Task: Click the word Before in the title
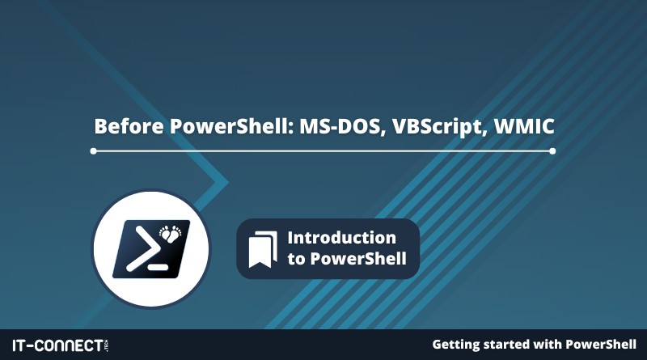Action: click(129, 126)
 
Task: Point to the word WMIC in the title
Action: click(524, 126)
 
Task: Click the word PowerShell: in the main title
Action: click(232, 126)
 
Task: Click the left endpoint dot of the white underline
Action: click(93, 151)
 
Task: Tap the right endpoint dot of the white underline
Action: click(552, 151)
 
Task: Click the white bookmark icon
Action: click(263, 249)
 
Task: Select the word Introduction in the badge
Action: click(341, 238)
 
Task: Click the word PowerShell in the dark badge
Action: click(358, 258)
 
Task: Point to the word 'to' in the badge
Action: click(296, 259)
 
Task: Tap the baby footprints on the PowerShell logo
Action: click(171, 233)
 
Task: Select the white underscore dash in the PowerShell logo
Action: click(158, 267)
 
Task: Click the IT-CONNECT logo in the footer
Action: click(60, 345)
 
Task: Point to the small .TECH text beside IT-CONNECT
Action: click(107, 345)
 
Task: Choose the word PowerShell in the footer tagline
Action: click(600, 345)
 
